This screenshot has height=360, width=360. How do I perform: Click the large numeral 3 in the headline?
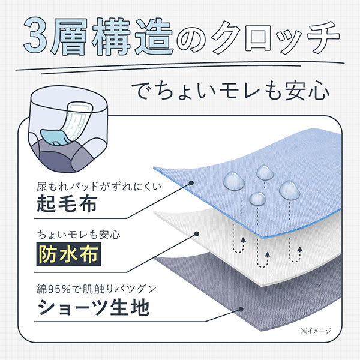pos(35,35)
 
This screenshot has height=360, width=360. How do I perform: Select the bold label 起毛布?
pos(67,203)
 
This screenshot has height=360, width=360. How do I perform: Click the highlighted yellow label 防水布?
pos(68,254)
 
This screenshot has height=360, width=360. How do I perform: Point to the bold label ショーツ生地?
pos(94,307)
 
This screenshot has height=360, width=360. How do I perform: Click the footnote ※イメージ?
pos(316,331)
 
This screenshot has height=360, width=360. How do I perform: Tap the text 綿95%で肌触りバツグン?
pos(97,289)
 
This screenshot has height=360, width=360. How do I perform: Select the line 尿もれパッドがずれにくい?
pos(99,187)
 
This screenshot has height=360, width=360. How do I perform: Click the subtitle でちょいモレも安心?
pos(230,91)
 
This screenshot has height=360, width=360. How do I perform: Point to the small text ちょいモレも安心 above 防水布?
pos(79,235)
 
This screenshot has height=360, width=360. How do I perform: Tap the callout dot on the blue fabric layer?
pos(191,183)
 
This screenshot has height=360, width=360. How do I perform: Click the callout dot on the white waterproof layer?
pos(197,234)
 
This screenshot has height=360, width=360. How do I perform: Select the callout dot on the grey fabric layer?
pos(241,309)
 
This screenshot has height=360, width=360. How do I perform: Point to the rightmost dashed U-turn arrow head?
pos(299,250)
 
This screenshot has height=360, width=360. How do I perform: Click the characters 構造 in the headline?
pos(133,37)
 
